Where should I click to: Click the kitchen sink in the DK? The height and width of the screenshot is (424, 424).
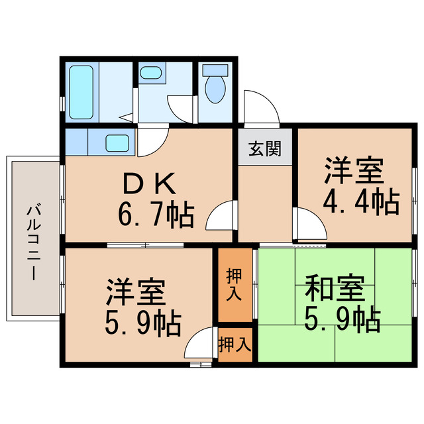pyautogui.click(x=118, y=141)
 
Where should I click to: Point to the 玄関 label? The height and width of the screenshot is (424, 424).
pyautogui.click(x=264, y=148)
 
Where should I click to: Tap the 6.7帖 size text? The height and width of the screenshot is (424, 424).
pyautogui.click(x=156, y=214)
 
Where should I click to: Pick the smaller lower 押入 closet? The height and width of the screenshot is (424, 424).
pyautogui.click(x=235, y=344)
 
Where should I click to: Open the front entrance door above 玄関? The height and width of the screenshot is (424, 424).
pyautogui.click(x=256, y=106)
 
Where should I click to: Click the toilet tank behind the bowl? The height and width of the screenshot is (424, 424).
pyautogui.click(x=215, y=70)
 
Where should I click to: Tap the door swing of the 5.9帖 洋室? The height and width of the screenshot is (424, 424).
pyautogui.click(x=199, y=347)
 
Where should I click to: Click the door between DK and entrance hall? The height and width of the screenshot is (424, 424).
pyautogui.click(x=221, y=215)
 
